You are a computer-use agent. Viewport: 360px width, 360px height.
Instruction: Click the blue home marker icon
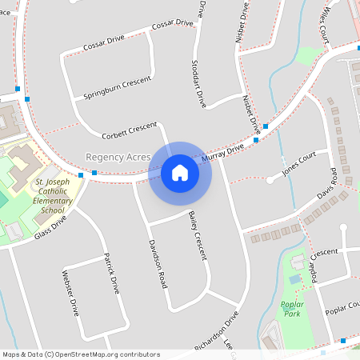[180, 172]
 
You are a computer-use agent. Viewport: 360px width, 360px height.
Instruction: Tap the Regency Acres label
[118, 158]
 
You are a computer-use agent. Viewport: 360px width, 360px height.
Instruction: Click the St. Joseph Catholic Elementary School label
[49, 197]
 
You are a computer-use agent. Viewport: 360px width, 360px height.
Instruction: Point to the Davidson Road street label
[157, 265]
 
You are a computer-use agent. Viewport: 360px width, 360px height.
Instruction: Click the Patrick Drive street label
[111, 273]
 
